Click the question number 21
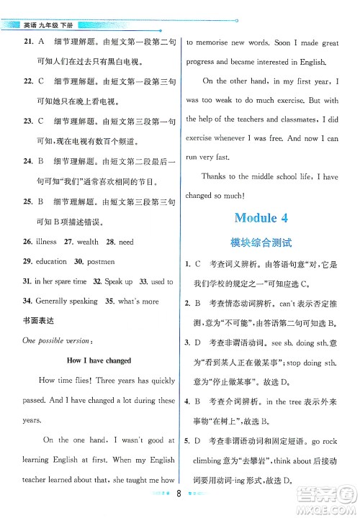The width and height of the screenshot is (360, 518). tap(29, 42)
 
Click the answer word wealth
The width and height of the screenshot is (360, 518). tap(84, 242)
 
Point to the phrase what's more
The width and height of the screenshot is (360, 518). tap(140, 301)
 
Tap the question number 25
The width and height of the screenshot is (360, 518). tap(29, 203)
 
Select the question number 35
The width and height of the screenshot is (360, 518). tap(110, 301)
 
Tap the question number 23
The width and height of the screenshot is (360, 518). tap(29, 122)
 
